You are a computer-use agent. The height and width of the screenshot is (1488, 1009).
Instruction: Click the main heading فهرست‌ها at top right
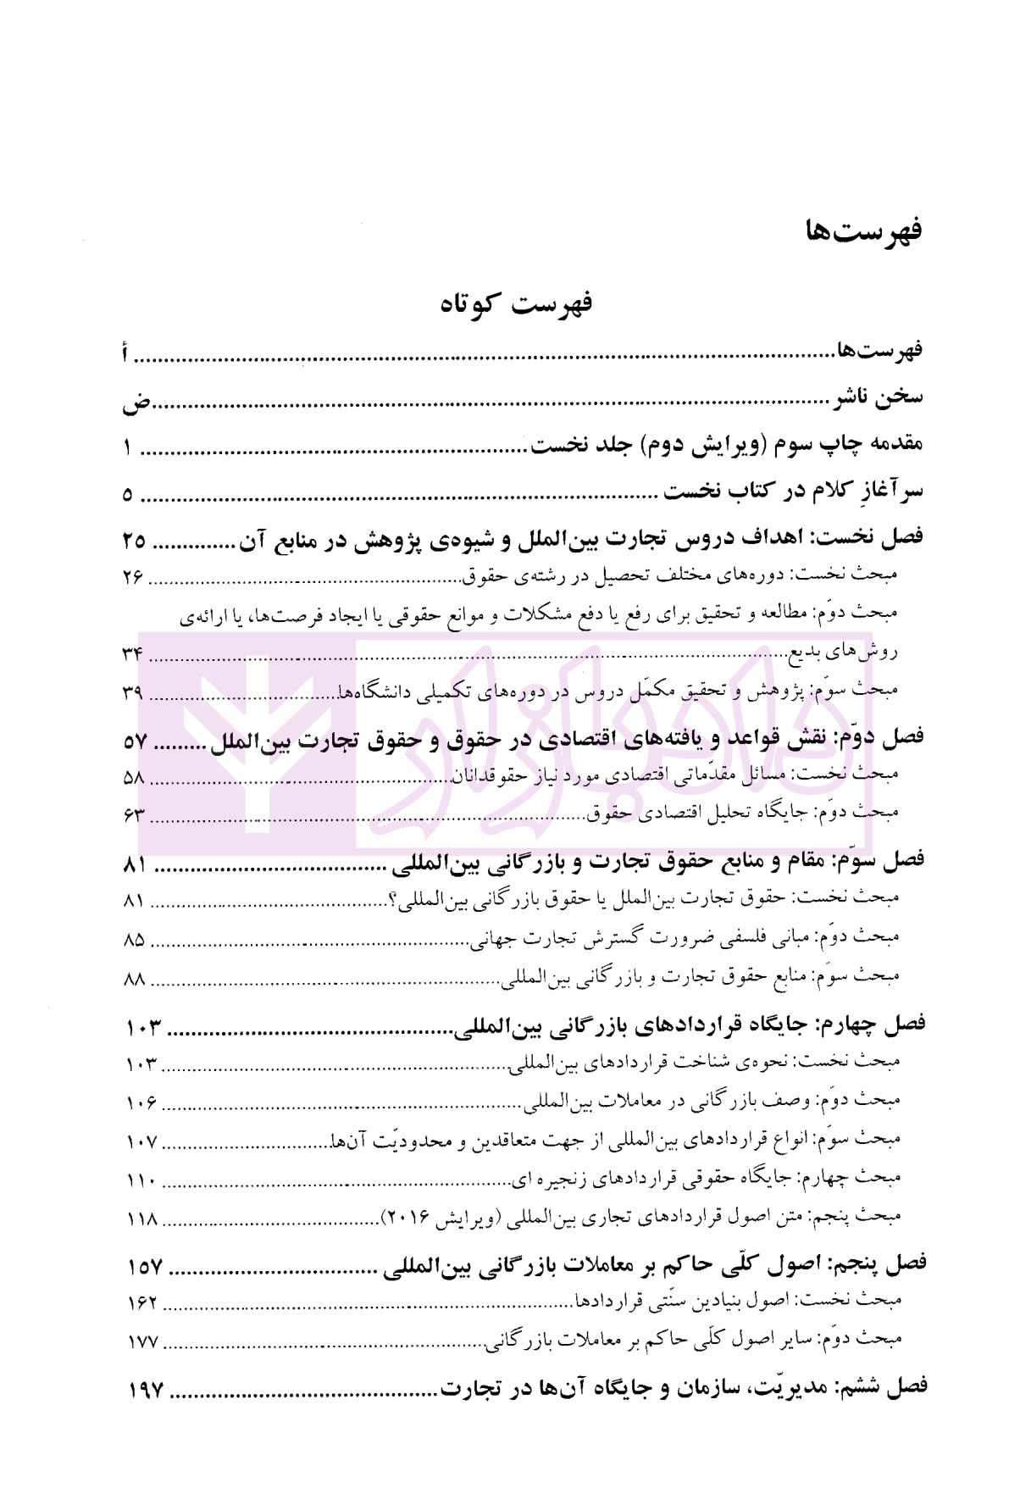[863, 230]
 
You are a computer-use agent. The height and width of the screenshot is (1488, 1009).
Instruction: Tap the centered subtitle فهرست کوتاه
[515, 303]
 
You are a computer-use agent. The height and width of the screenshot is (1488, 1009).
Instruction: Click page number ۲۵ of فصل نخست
[134, 539]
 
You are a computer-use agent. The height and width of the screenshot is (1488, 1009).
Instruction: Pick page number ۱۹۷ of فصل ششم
[145, 1390]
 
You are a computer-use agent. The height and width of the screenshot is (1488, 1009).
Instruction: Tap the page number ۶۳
[134, 815]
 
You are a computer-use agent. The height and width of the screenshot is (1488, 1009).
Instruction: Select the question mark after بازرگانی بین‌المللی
[392, 899]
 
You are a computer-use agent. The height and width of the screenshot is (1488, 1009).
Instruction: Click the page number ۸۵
[134, 940]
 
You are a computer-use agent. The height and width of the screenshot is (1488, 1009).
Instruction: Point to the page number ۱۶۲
[142, 1302]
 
